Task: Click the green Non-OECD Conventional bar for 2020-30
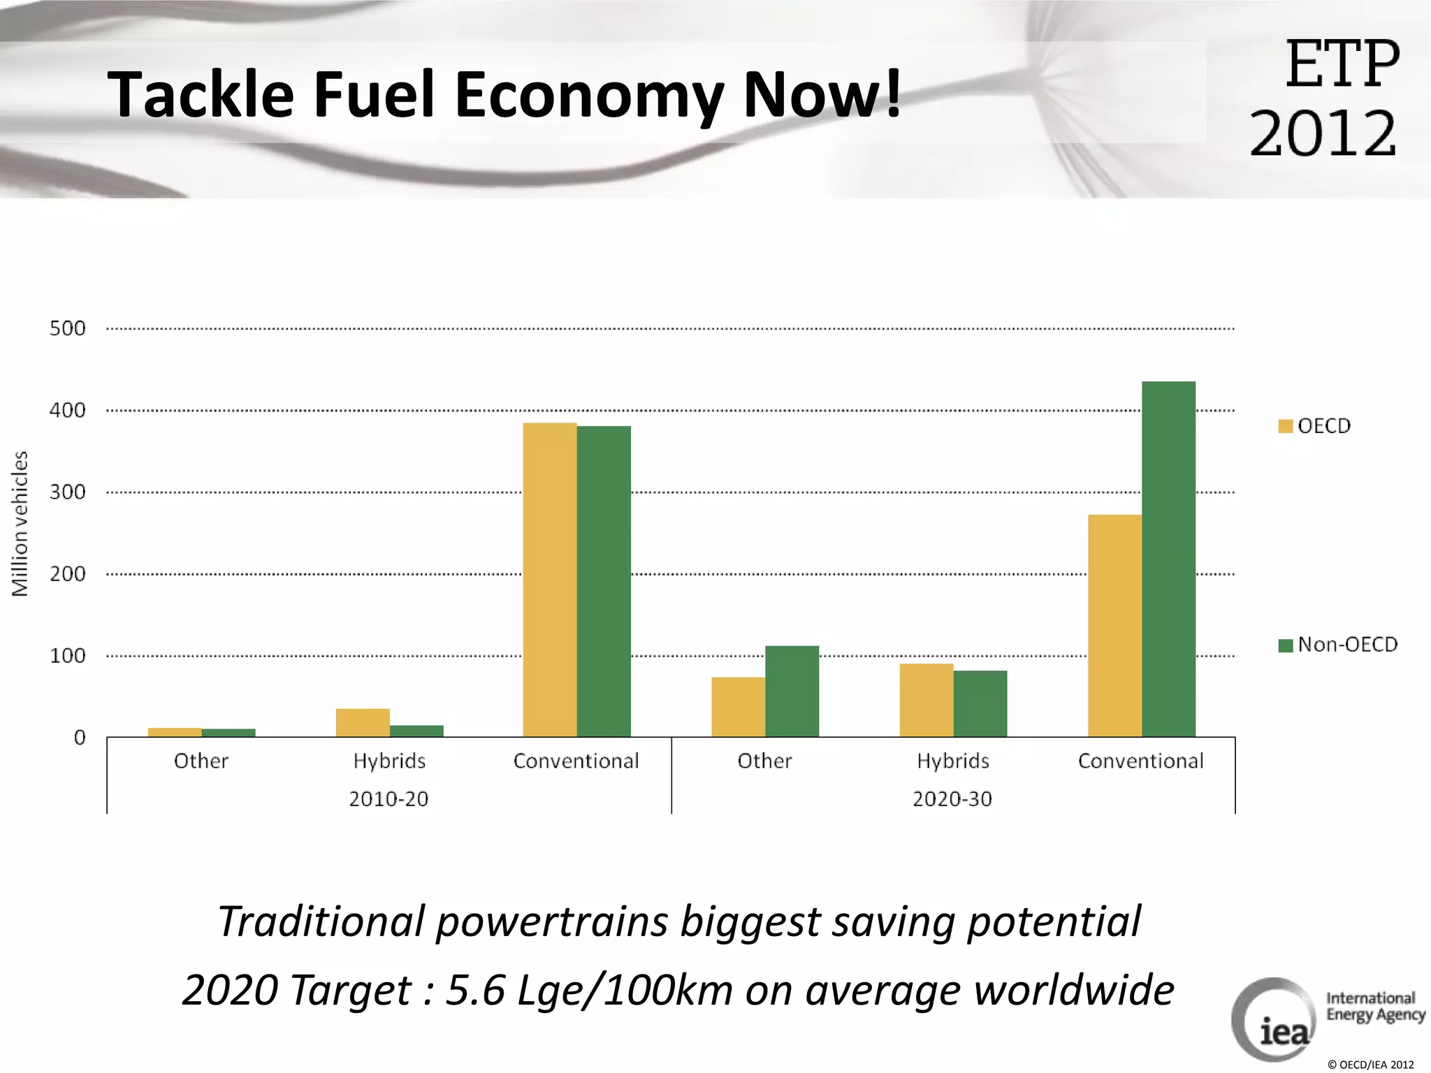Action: pyautogui.click(x=1168, y=559)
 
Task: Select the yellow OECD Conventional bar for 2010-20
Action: pyautogui.click(x=550, y=580)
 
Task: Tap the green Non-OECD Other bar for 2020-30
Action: pyautogui.click(x=792, y=691)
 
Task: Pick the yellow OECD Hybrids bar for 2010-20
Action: pyautogui.click(x=363, y=722)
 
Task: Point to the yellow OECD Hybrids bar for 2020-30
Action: pyautogui.click(x=926, y=700)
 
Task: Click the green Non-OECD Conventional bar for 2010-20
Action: pyautogui.click(x=604, y=581)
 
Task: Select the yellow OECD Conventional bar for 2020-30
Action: pyautogui.click(x=1114, y=625)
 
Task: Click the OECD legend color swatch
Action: pyautogui.click(x=1285, y=426)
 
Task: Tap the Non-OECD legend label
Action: pyautogui.click(x=1347, y=644)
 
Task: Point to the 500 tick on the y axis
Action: pyautogui.click(x=68, y=328)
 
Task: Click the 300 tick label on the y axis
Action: pyautogui.click(x=68, y=492)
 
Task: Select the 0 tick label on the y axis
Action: pyautogui.click(x=80, y=738)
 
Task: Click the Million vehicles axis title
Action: pyautogui.click(x=20, y=524)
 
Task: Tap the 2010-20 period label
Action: pyautogui.click(x=388, y=798)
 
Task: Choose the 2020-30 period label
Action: pyautogui.click(x=952, y=798)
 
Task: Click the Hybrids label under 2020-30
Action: pyautogui.click(x=953, y=761)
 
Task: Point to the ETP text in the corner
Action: pyautogui.click(x=1342, y=64)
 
